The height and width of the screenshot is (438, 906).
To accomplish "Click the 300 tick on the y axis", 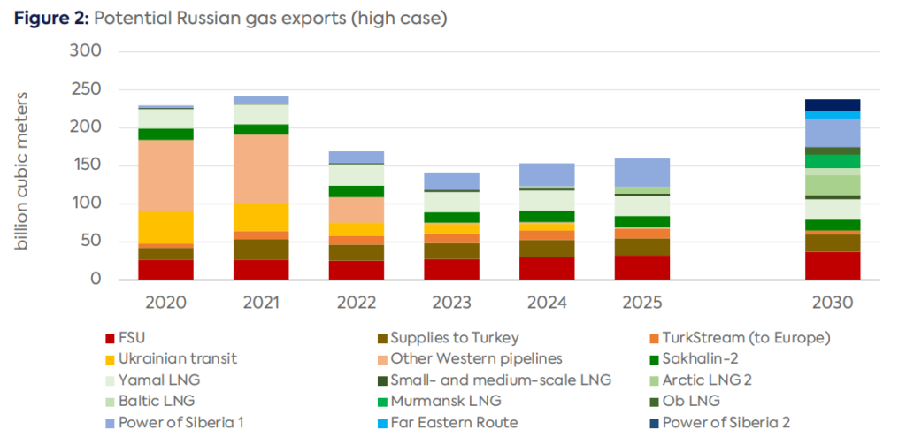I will click(86, 51).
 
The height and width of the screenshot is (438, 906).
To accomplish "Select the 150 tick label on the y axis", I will click(86, 165).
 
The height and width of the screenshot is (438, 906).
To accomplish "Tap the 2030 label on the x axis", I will click(832, 303).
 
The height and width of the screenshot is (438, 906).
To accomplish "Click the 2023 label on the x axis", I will click(451, 303).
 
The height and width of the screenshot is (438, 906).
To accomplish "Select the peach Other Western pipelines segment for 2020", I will click(166, 175).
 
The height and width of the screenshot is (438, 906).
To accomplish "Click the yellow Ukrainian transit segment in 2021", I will click(261, 217).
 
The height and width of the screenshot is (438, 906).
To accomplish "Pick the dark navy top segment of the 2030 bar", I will click(832, 105).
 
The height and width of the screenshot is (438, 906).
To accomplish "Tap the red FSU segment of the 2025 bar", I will click(641, 267).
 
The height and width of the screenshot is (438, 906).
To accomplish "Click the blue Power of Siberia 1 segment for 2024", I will click(547, 174).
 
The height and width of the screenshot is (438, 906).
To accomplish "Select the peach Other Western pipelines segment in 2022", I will click(356, 210).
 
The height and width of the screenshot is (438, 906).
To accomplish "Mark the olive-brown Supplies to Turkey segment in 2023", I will click(451, 250).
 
